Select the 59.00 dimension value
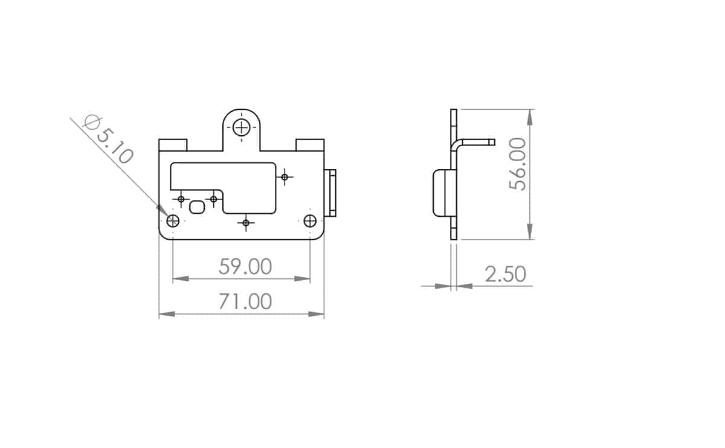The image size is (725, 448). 245,266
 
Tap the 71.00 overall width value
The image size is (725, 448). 245,301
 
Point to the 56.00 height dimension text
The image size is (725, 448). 518,164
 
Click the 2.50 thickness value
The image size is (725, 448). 505,274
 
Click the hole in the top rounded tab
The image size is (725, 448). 242,127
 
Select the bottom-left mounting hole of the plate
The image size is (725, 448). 173,221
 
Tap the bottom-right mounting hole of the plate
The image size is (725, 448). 310,221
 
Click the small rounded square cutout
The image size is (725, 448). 197,208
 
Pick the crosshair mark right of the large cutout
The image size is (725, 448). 285,177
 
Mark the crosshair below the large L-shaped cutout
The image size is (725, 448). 245,223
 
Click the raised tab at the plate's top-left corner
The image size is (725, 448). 173,145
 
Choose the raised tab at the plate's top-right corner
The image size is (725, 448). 310,145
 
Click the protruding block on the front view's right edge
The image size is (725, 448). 330,193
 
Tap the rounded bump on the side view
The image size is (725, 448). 442,193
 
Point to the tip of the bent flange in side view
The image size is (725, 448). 492,142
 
